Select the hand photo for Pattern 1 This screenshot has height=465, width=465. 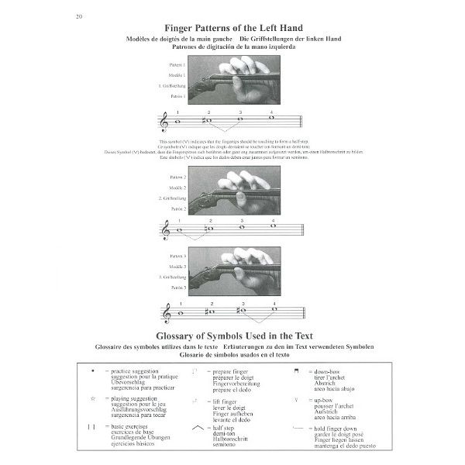(234, 81)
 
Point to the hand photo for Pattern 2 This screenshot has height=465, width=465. (234, 192)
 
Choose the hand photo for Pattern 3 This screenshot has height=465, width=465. (234, 270)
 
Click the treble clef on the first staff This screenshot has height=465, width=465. (164, 122)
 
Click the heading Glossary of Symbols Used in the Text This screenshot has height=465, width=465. (232, 337)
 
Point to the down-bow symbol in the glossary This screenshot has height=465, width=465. (295, 372)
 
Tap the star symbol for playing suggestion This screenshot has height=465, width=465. (92, 398)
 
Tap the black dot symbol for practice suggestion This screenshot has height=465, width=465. (93, 372)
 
